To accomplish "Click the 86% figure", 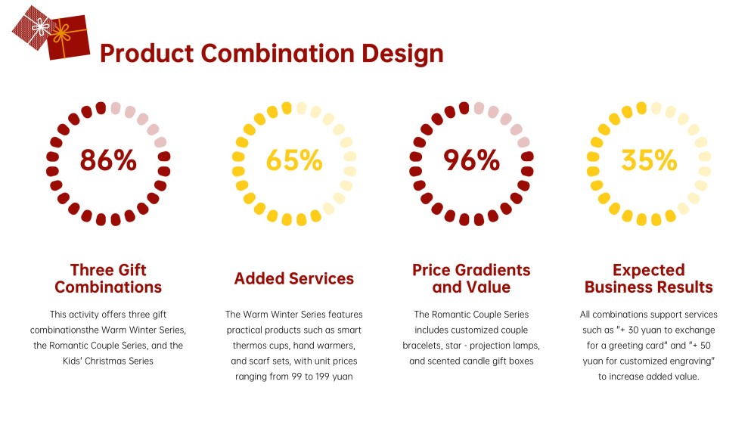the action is [x=108, y=160].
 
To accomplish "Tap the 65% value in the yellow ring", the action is [x=294, y=160].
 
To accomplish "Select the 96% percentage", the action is [x=471, y=160].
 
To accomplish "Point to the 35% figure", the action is [x=649, y=160].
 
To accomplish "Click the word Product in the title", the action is [x=147, y=53].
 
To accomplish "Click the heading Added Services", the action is [x=294, y=278].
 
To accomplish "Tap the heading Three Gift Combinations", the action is [x=108, y=278].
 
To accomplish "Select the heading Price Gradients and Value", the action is [x=471, y=278].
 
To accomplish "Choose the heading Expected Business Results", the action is [x=649, y=278].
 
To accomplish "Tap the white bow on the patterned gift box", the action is [x=41, y=26].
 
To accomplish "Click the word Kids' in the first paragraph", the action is [x=73, y=361].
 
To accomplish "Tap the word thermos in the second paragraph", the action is [x=250, y=346].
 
